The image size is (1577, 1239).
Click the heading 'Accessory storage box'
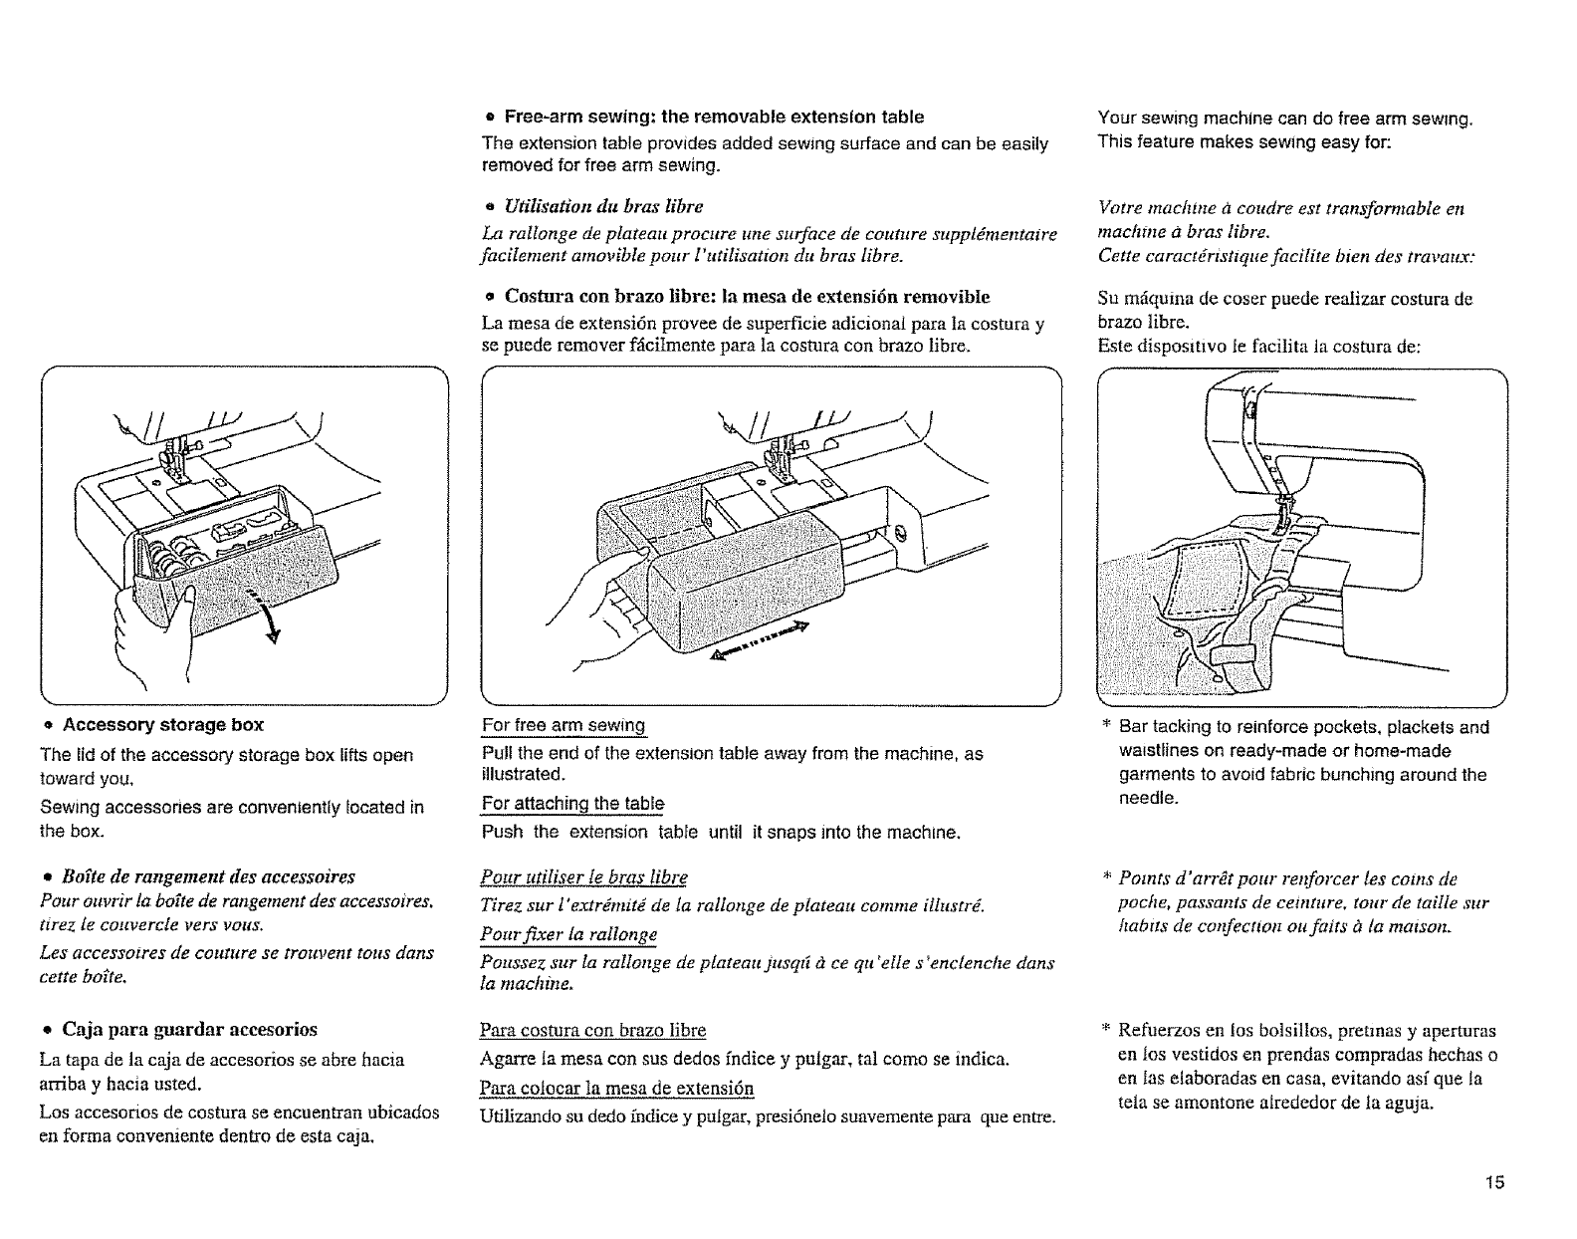coord(162,724)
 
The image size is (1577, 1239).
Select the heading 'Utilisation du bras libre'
coord(603,206)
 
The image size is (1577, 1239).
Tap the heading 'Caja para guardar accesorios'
coord(190,1028)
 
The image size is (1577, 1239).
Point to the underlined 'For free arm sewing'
coord(563,725)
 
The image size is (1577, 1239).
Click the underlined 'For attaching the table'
coord(572,803)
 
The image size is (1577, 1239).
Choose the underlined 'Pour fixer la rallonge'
coord(568,934)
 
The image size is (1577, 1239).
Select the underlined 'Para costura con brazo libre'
coord(592,1029)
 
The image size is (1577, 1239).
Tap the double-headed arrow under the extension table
coord(762,638)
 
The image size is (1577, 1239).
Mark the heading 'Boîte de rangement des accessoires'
coord(208,876)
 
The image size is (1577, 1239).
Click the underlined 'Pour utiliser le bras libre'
coord(583,876)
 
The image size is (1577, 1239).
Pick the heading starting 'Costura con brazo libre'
coord(747,297)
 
